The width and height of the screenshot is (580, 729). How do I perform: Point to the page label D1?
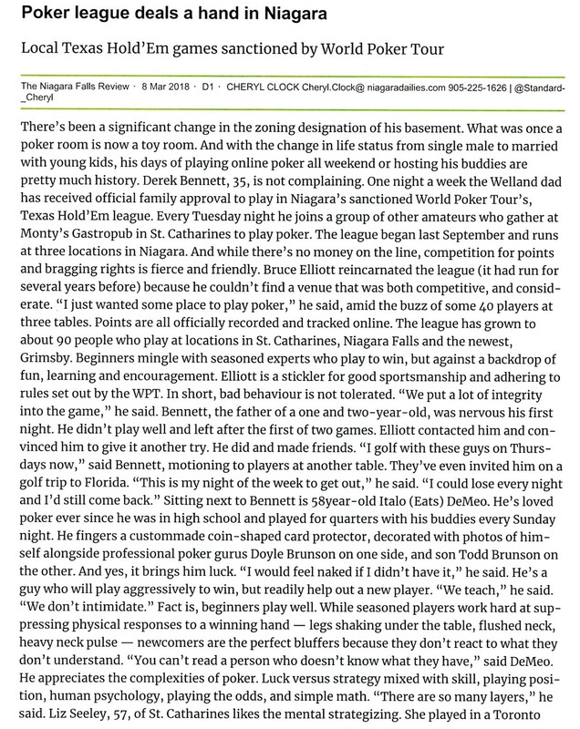point(204,87)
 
